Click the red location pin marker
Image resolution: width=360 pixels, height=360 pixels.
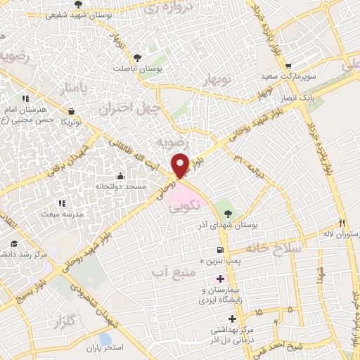pyautogui.click(x=181, y=165)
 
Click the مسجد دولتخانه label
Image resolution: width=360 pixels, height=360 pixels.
pyautogui.click(x=121, y=188)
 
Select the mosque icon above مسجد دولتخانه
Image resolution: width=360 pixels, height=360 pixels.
pyautogui.click(x=121, y=176)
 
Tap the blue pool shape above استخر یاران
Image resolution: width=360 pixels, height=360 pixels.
pyautogui.click(x=105, y=338)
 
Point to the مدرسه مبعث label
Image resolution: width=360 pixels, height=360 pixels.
pyautogui.click(x=62, y=212)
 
